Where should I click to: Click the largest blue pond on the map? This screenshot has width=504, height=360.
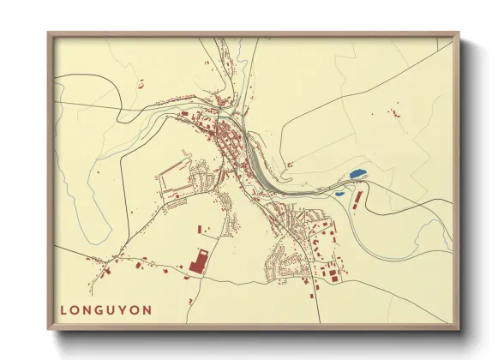pos(357,175)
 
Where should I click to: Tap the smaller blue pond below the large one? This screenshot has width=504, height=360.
pos(340,193)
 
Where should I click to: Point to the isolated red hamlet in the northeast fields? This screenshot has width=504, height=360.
pos(395,111)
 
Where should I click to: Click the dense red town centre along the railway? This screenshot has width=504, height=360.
pos(225,141)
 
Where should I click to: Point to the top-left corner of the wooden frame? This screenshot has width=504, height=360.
pos(50,34)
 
